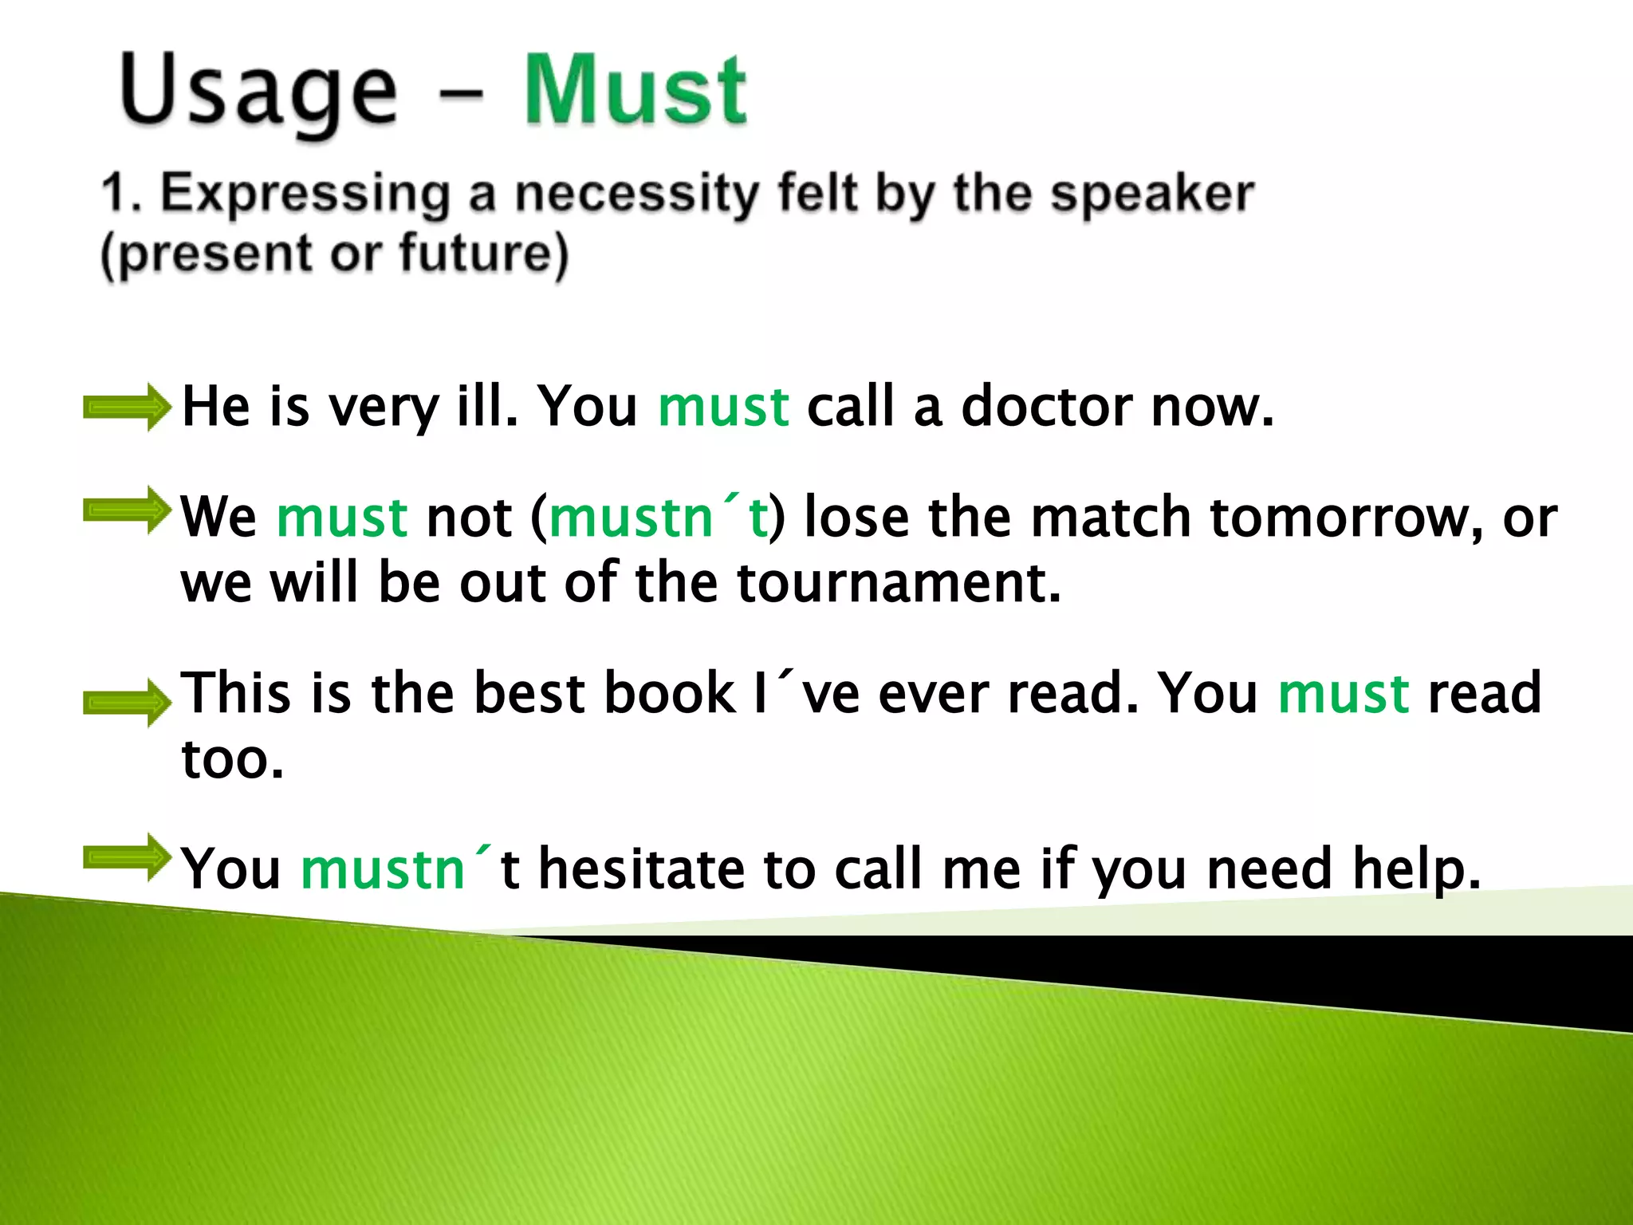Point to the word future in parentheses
click(x=475, y=254)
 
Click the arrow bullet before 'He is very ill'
click(x=127, y=408)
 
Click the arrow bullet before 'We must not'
click(x=127, y=510)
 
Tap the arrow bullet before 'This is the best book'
click(x=127, y=703)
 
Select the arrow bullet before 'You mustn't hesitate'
click(x=127, y=857)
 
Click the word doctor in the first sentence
click(x=1047, y=407)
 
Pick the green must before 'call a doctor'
click(x=723, y=407)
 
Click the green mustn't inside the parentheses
click(x=659, y=517)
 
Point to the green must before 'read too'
click(x=1343, y=692)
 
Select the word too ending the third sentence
click(x=231, y=758)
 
